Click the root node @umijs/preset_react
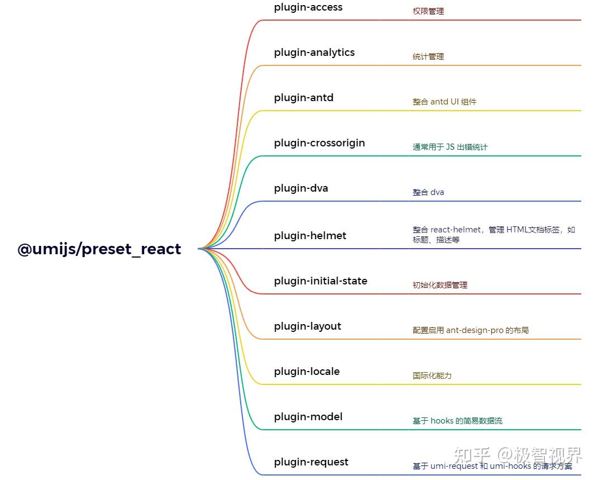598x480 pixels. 99,249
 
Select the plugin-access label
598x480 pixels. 308,8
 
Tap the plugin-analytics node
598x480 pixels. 314,53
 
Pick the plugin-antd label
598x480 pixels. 304,98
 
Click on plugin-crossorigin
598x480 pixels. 319,143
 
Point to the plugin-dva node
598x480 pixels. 301,188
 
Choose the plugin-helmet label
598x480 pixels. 310,236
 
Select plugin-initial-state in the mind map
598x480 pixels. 320,281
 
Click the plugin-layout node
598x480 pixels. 308,327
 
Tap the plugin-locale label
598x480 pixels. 307,372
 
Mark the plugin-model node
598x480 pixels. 308,417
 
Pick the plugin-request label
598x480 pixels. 311,463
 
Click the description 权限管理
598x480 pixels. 428,11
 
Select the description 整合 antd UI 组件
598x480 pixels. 444,102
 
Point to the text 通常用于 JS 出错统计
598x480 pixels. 450,148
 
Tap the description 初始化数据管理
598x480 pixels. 440,285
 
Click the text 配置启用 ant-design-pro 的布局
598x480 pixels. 471,330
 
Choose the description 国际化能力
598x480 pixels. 432,376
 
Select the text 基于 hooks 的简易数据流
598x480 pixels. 458,421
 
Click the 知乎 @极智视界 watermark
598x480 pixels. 518,455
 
